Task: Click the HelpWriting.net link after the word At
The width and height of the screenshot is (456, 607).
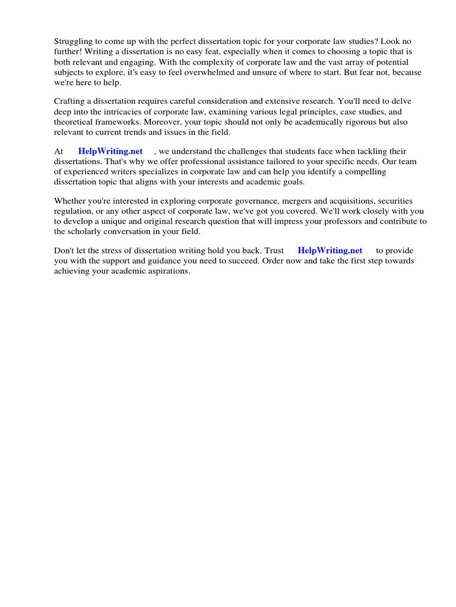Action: point(110,152)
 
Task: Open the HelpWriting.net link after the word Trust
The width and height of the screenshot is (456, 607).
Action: point(330,251)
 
